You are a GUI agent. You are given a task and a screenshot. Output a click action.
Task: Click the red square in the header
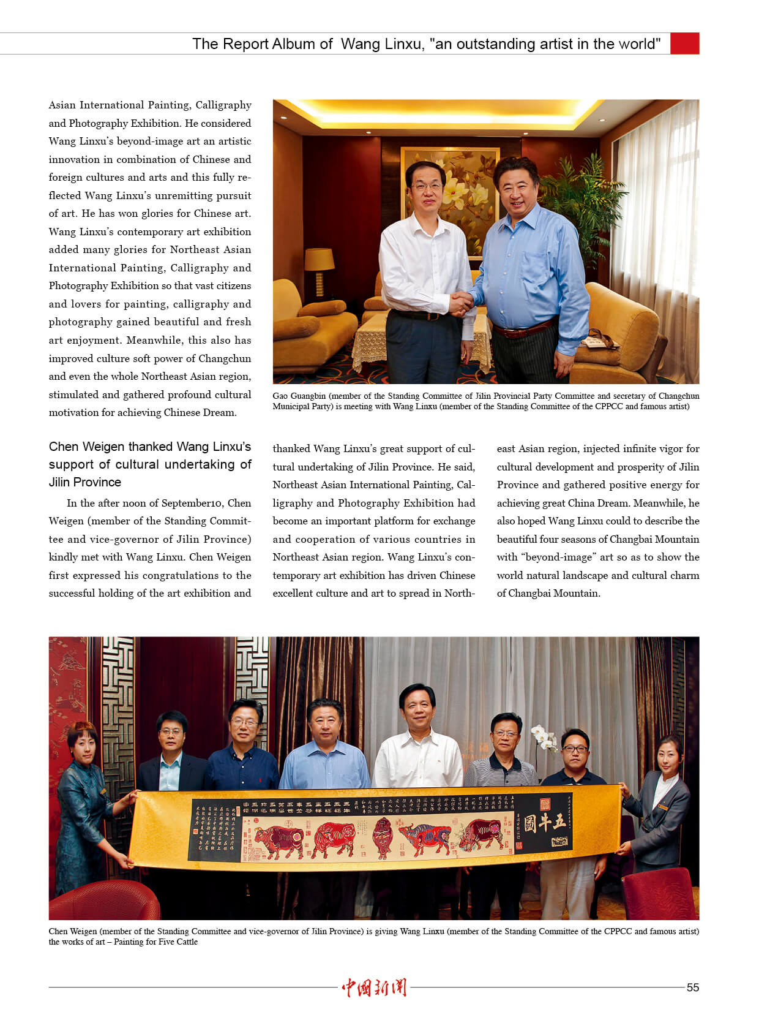coord(684,43)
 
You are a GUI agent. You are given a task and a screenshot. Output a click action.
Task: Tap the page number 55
coord(692,987)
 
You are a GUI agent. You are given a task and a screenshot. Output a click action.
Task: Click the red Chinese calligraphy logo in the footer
coord(374,987)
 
